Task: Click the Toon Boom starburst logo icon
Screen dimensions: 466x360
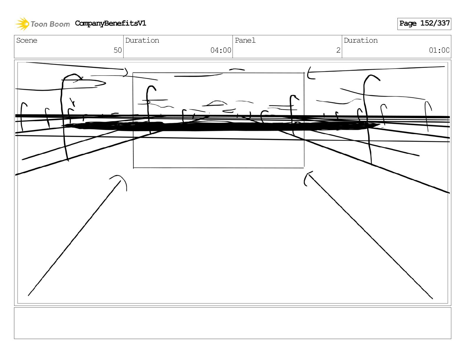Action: click(22, 24)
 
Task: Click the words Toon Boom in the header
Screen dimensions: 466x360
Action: click(50, 24)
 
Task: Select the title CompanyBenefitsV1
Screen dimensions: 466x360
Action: click(110, 23)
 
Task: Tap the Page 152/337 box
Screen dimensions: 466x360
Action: click(424, 24)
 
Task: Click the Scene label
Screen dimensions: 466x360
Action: click(27, 41)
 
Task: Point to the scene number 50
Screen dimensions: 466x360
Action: click(118, 50)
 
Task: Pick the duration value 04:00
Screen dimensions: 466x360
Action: click(221, 50)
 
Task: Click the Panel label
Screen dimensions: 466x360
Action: click(245, 41)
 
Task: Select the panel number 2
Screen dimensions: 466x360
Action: click(338, 50)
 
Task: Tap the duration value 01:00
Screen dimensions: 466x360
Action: click(439, 50)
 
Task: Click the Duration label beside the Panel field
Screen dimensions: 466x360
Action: click(361, 41)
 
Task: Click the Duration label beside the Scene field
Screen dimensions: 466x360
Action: click(142, 41)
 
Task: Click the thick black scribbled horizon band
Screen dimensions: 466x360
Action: click(221, 126)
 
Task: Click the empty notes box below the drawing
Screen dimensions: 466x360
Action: click(232, 323)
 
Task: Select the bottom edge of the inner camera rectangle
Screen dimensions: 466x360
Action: click(218, 168)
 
